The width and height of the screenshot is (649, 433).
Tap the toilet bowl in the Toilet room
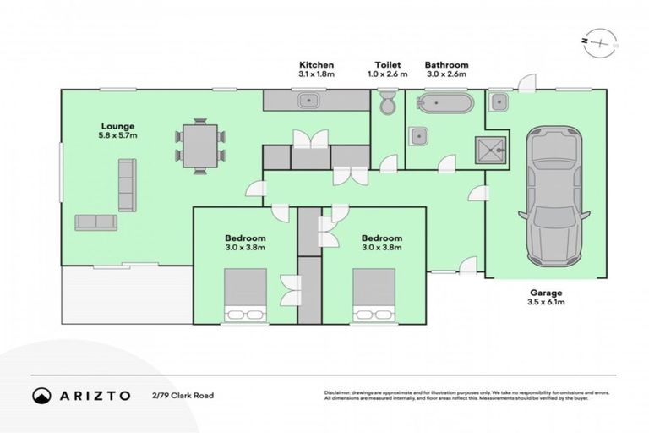coord(387,104)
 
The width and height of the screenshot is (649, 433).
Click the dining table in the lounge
coord(200,145)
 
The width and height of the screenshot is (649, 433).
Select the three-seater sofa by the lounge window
coord(126,184)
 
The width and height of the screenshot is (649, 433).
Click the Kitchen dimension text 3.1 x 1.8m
coord(316,74)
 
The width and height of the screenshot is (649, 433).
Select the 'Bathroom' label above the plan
coord(446,64)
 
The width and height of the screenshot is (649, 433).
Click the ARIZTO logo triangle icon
coord(41,395)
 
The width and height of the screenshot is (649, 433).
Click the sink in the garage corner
coord(499,102)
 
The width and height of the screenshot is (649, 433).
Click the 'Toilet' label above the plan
coord(388,64)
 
